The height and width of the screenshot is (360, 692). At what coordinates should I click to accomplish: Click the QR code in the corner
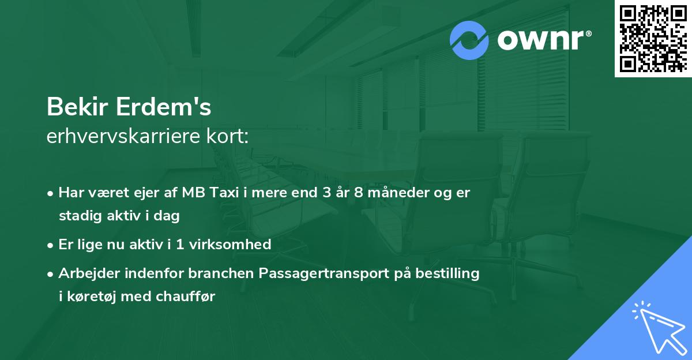[x=653, y=38]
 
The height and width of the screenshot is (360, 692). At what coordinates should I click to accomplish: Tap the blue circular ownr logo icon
[x=469, y=40]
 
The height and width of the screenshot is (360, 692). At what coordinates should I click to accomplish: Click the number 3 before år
[x=326, y=193]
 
